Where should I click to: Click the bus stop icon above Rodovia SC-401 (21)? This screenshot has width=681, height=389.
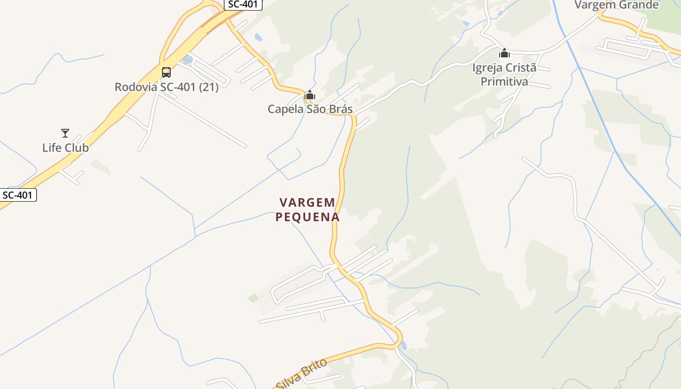[x=166, y=72]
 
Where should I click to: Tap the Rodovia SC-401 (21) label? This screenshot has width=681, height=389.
[x=166, y=87]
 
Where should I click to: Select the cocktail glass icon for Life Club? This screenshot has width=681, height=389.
[x=65, y=133]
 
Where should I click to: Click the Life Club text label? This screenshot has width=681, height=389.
[x=66, y=148]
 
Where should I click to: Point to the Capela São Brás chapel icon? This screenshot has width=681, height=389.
[x=310, y=95]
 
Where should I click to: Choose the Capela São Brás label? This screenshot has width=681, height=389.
[x=310, y=109]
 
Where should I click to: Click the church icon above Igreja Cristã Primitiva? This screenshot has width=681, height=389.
[x=504, y=53]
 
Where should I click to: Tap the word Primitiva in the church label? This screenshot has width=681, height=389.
[x=504, y=81]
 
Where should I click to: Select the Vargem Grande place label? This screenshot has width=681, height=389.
[x=616, y=5]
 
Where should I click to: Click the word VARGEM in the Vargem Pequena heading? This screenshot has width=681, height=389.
[x=307, y=202]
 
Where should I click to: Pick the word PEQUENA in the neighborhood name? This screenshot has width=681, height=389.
[x=307, y=217]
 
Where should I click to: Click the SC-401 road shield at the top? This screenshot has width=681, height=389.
[x=243, y=4]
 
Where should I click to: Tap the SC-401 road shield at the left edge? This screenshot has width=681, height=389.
[x=18, y=195]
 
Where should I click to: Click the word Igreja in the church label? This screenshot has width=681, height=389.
[x=487, y=68]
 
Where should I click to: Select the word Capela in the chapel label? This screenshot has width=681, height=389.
[x=286, y=109]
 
